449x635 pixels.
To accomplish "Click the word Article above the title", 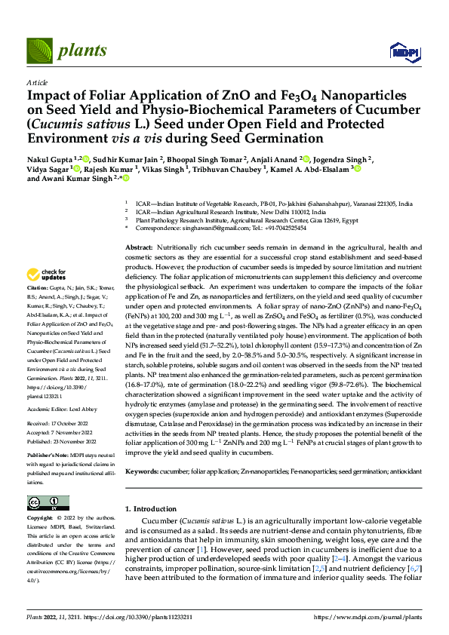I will pos(37,82).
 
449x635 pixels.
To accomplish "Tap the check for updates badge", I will pos(45,275).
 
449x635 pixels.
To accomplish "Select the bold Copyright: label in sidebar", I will pos(41,519).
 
